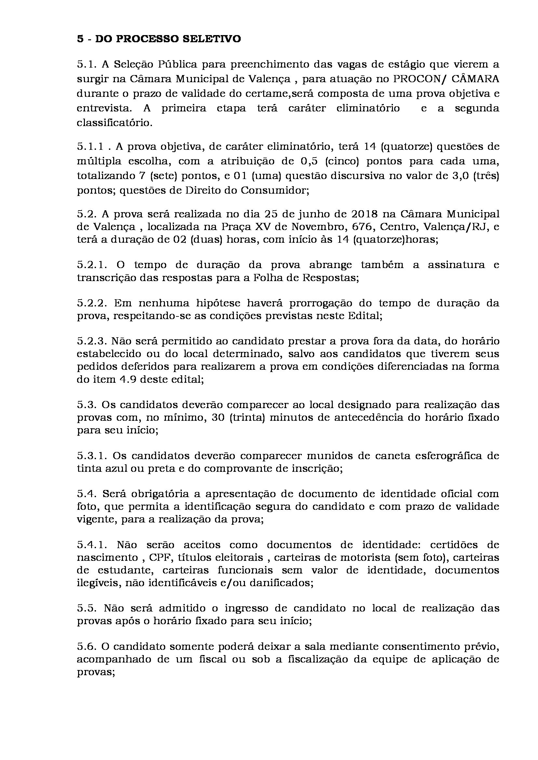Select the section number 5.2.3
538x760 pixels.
[x=91, y=341]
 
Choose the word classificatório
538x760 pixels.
[x=114, y=123]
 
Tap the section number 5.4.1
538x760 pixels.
[x=91, y=545]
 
